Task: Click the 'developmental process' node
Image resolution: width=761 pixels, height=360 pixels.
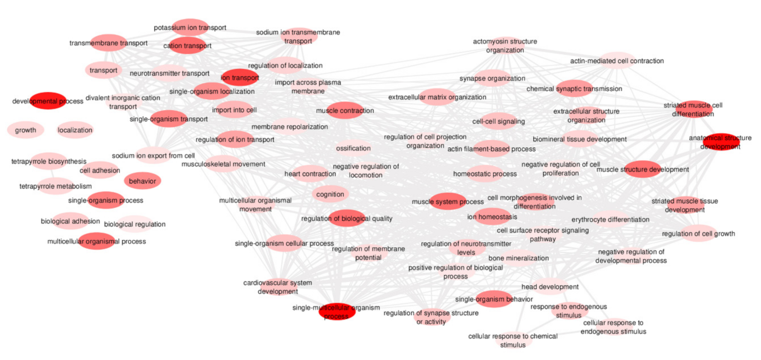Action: tap(48, 101)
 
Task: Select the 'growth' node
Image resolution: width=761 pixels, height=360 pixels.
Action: tap(25, 130)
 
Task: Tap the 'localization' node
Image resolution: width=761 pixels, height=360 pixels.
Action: tap(75, 130)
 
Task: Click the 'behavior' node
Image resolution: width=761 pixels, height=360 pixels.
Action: tap(143, 181)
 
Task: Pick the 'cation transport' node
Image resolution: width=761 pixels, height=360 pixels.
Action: tap(187, 46)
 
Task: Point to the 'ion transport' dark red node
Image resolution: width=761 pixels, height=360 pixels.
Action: tap(240, 78)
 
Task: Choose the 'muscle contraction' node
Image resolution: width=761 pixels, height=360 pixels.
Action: tap(345, 110)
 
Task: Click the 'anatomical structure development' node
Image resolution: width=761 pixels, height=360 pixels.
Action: tap(720, 142)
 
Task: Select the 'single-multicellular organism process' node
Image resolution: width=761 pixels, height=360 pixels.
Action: tap(337, 312)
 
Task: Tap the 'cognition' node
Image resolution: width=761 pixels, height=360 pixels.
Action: tap(330, 194)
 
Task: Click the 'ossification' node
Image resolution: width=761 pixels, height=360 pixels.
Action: tap(353, 148)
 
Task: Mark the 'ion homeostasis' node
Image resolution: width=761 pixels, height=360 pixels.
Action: tap(492, 217)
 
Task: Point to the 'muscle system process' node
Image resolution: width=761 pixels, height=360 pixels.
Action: tap(448, 202)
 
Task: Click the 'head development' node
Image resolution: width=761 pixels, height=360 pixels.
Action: tap(550, 287)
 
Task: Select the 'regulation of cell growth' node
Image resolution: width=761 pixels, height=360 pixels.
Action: tap(698, 234)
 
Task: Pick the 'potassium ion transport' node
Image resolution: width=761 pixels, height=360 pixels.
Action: tap(190, 27)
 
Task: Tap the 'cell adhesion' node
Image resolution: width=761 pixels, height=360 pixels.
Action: tap(100, 170)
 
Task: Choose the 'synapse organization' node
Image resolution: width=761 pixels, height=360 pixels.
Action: tap(493, 78)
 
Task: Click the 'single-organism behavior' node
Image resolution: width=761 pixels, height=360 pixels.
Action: tap(494, 299)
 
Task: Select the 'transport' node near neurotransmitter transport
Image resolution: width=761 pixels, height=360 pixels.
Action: tap(103, 70)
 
